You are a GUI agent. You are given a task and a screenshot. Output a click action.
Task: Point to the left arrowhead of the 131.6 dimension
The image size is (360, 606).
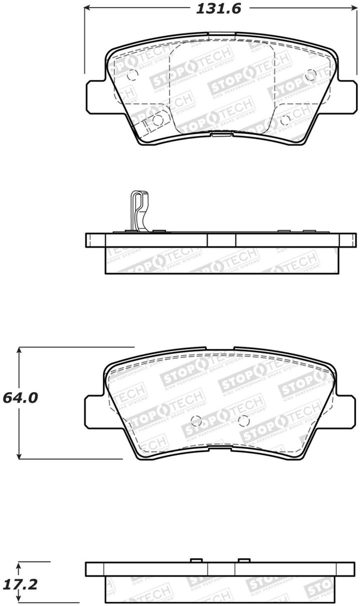86,9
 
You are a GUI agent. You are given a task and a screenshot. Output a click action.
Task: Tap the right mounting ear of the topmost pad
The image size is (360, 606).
344,96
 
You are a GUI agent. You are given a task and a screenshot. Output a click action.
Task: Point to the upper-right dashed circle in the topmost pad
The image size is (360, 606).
310,75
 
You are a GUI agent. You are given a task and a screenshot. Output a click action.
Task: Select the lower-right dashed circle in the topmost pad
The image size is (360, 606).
285,119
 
